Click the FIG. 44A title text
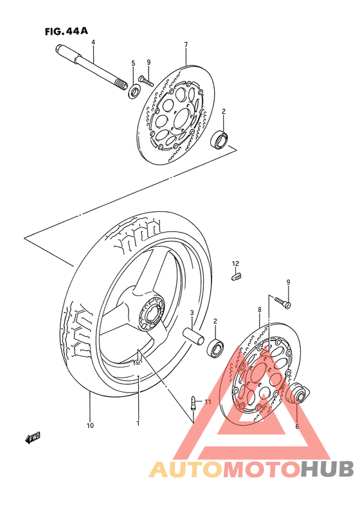66,31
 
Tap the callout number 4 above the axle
93,42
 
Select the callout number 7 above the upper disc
186,45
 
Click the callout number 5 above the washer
133,63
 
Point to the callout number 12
235,263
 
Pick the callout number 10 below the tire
90,425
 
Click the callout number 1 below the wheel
138,423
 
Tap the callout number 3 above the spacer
192,313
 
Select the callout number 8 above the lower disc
260,310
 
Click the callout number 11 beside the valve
208,402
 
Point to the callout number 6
297,426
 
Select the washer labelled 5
134,91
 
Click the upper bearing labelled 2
219,139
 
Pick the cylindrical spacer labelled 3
194,336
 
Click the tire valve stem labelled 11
193,403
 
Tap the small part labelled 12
237,277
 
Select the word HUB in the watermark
327,469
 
